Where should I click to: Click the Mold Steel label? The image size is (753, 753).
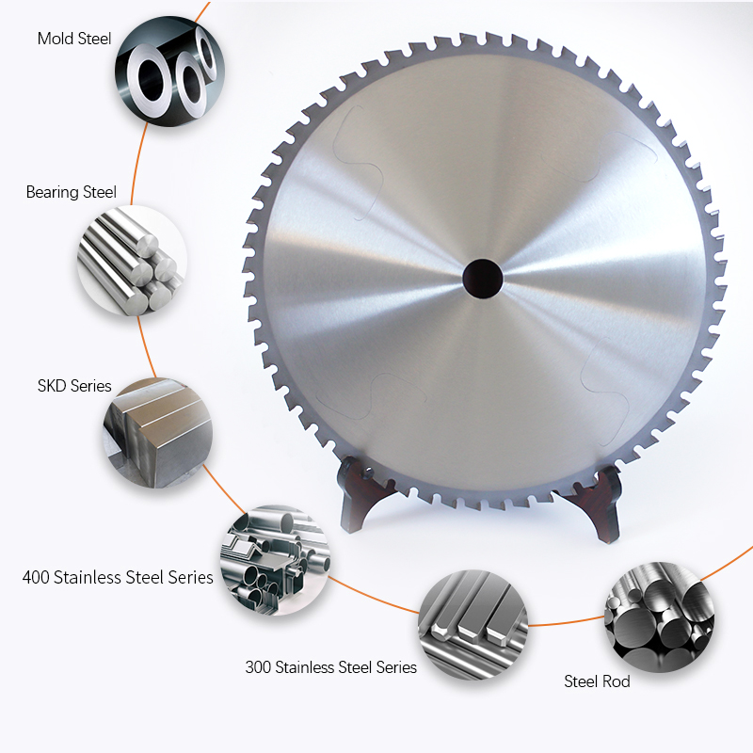pos(74,39)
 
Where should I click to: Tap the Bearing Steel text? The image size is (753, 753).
pos(72,192)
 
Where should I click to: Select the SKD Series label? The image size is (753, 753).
pos(74,386)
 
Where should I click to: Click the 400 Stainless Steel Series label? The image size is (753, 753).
pos(118,576)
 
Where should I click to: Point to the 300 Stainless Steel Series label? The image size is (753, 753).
pos(330,666)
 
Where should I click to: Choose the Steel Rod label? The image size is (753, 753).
pos(597,681)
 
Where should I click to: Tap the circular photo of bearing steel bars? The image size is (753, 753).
pos(132,261)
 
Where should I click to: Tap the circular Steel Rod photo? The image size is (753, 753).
pos(657,616)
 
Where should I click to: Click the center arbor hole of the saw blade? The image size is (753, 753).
pos(482,278)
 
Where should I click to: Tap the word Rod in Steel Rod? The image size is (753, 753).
pos(617,681)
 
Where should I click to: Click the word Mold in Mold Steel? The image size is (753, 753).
pos(55,39)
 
